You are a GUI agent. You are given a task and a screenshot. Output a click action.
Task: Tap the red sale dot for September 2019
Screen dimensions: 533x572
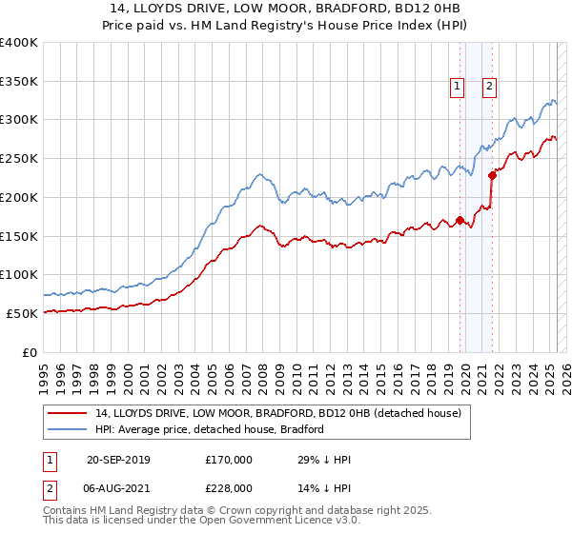[x=460, y=221]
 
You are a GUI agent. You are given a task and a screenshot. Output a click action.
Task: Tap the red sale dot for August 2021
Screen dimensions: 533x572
[x=493, y=175]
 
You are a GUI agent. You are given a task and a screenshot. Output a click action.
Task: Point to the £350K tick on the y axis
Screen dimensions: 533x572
[x=19, y=81]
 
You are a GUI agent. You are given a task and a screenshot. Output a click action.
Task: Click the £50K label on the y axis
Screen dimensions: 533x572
[x=23, y=313]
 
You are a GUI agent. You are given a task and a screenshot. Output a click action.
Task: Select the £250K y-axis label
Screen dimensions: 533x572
[x=19, y=158]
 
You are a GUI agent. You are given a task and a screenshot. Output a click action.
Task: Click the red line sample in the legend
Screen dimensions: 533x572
[x=68, y=414]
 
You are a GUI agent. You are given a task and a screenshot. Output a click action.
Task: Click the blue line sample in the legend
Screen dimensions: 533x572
[x=68, y=429]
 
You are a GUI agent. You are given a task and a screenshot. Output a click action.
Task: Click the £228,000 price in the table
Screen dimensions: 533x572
[x=229, y=486]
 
